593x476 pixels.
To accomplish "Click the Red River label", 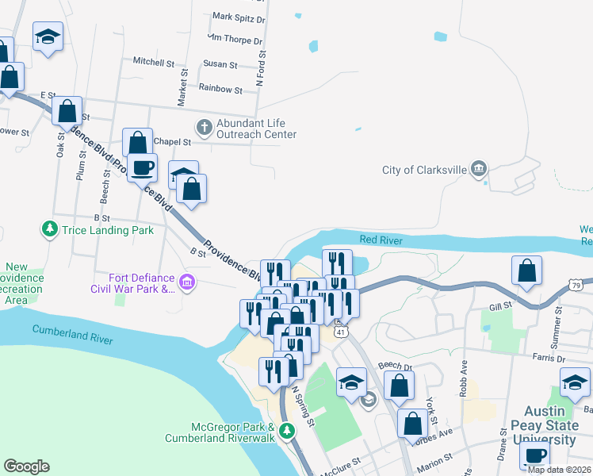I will (x=381, y=240).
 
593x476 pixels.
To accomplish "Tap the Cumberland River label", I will (x=72, y=334).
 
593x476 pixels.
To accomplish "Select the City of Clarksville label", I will (x=424, y=170).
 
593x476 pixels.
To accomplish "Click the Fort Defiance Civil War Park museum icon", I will (x=187, y=282).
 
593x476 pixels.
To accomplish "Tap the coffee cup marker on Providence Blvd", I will (x=143, y=169).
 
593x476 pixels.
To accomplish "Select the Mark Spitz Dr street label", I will (x=239, y=17).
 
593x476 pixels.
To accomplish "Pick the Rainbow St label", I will (x=220, y=90).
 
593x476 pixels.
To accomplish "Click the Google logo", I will (x=26, y=466).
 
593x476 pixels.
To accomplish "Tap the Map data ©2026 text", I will (x=559, y=470).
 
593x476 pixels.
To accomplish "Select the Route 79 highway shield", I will (x=576, y=284).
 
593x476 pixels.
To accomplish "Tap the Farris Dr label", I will (x=547, y=357).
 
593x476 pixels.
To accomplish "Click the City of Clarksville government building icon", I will (x=478, y=169).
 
